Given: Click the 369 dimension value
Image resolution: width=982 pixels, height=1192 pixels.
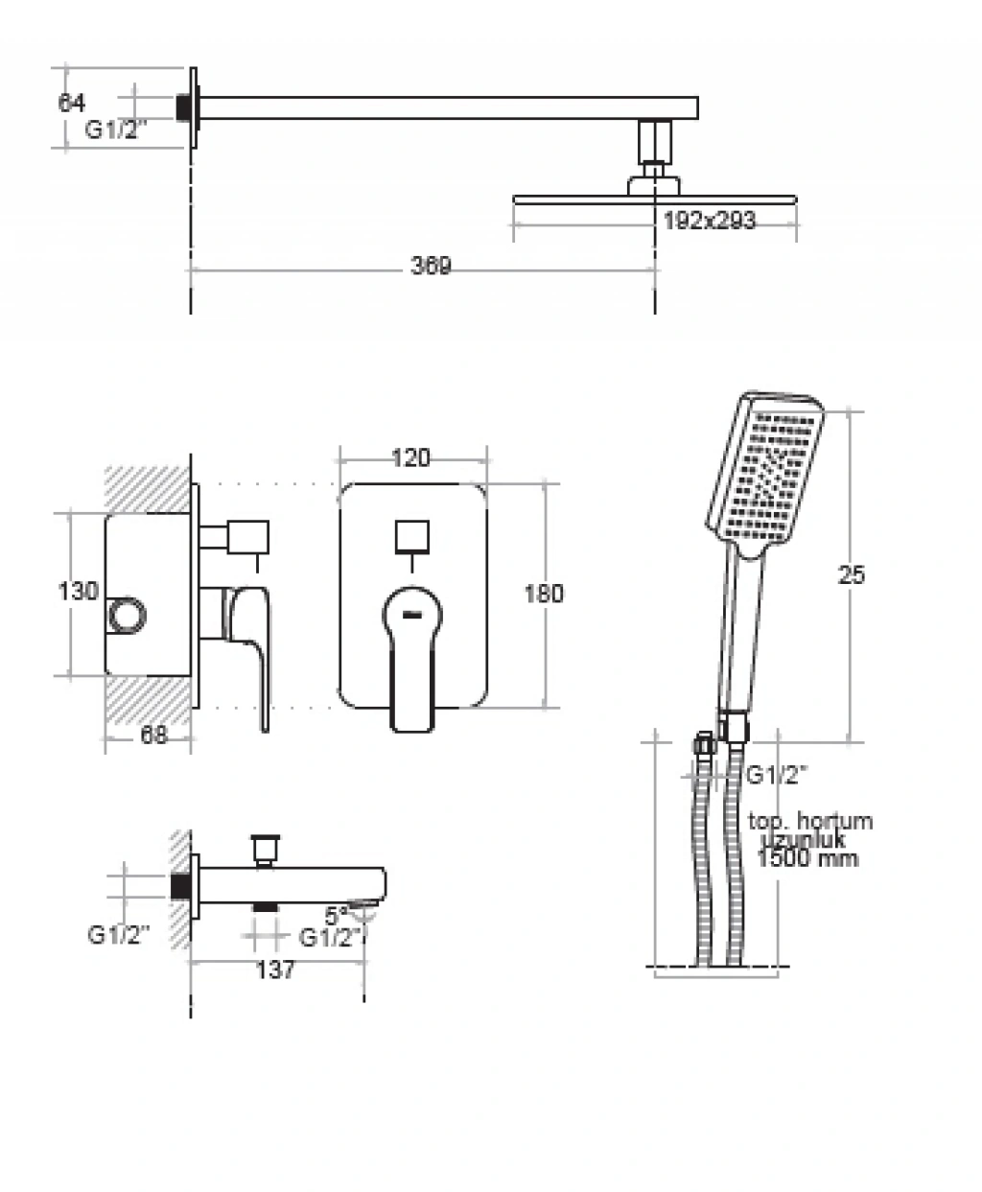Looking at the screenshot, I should click(x=431, y=266).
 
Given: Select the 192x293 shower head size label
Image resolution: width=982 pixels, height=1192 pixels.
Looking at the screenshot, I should click(x=709, y=221).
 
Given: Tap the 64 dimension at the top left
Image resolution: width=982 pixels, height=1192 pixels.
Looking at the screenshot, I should click(x=72, y=103).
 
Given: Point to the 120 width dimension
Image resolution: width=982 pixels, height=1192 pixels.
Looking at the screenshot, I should click(x=410, y=458).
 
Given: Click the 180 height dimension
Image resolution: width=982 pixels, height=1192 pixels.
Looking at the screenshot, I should click(x=544, y=594).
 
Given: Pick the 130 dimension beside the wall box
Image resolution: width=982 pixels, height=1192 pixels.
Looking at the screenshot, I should click(x=78, y=591).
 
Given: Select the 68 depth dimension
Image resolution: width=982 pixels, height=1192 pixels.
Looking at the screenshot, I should click(x=154, y=736).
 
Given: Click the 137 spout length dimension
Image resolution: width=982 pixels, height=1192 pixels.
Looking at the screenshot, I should click(x=275, y=970).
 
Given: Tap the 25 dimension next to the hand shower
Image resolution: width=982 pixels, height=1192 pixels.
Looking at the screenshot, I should click(x=851, y=574).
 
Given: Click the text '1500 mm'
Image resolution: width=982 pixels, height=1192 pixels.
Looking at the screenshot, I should click(x=807, y=858).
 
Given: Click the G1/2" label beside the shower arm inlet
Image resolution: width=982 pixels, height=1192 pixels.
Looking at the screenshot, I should click(x=118, y=130).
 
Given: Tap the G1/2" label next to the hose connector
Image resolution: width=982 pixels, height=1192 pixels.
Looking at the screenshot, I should click(x=778, y=775).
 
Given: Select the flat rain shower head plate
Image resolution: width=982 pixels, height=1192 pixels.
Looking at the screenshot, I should click(x=655, y=199).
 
